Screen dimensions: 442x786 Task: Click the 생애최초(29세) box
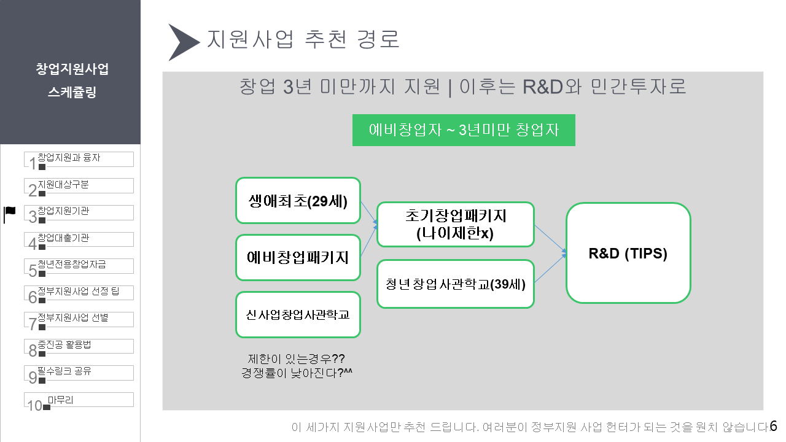tap(298, 201)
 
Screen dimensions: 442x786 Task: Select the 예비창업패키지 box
tap(298, 257)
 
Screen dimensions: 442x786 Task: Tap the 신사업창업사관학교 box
tap(298, 314)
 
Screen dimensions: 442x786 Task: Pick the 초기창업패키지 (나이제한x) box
tap(455, 224)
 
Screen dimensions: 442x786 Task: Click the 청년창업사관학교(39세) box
tap(455, 284)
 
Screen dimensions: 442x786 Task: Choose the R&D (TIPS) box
tap(628, 253)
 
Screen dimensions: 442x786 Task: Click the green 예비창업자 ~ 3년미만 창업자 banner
tap(464, 130)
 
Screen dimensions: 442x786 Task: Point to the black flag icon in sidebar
tap(10, 214)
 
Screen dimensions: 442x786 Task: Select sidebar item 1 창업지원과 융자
tap(79, 159)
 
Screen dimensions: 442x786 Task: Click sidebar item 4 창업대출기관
tap(79, 239)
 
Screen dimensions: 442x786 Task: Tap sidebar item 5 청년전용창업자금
tap(79, 266)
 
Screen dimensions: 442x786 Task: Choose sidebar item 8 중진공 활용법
tap(79, 346)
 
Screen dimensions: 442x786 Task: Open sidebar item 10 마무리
tap(79, 400)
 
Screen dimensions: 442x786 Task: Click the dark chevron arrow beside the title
tap(184, 42)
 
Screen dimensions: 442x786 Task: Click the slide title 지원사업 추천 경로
tap(303, 39)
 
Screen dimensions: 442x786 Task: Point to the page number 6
tap(773, 426)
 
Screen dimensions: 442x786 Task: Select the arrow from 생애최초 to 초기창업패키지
tap(368, 214)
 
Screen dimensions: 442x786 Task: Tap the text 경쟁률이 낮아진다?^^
tap(300, 372)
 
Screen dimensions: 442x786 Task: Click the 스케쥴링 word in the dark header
tap(72, 93)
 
